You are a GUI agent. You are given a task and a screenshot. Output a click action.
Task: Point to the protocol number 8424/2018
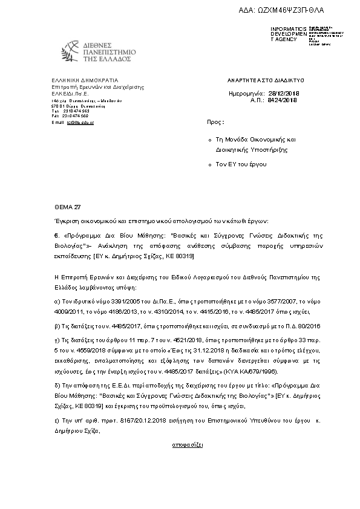pyautogui.click(x=283, y=100)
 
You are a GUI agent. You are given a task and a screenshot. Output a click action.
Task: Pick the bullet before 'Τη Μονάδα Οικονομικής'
pyautogui.click(x=209, y=139)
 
